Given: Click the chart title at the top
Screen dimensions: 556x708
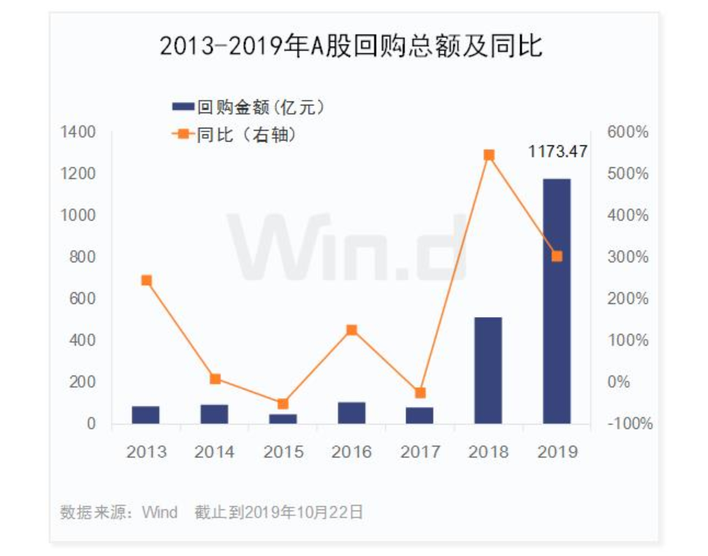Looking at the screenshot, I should click(x=351, y=47).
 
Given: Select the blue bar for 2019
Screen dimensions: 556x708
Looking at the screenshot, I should click(x=557, y=301).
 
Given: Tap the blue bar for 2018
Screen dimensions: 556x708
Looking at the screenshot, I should click(x=488, y=370).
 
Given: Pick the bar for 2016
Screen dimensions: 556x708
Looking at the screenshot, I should click(x=351, y=413).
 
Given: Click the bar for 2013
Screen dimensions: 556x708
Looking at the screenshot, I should click(x=145, y=415).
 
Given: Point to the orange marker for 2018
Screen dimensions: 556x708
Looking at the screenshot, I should click(x=489, y=155).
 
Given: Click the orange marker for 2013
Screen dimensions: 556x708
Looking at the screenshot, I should click(x=146, y=281).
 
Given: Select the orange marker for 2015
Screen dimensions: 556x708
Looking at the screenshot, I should click(x=283, y=403).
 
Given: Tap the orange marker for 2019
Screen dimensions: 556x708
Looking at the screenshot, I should click(x=557, y=256).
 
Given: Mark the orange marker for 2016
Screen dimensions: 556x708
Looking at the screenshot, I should click(x=351, y=330).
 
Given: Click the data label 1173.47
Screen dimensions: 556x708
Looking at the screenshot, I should click(x=557, y=152).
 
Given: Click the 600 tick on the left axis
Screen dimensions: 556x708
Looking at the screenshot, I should click(x=84, y=299).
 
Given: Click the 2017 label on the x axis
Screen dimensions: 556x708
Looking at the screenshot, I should click(x=420, y=452).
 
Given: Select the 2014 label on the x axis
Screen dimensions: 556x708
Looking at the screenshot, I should click(x=214, y=452).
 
